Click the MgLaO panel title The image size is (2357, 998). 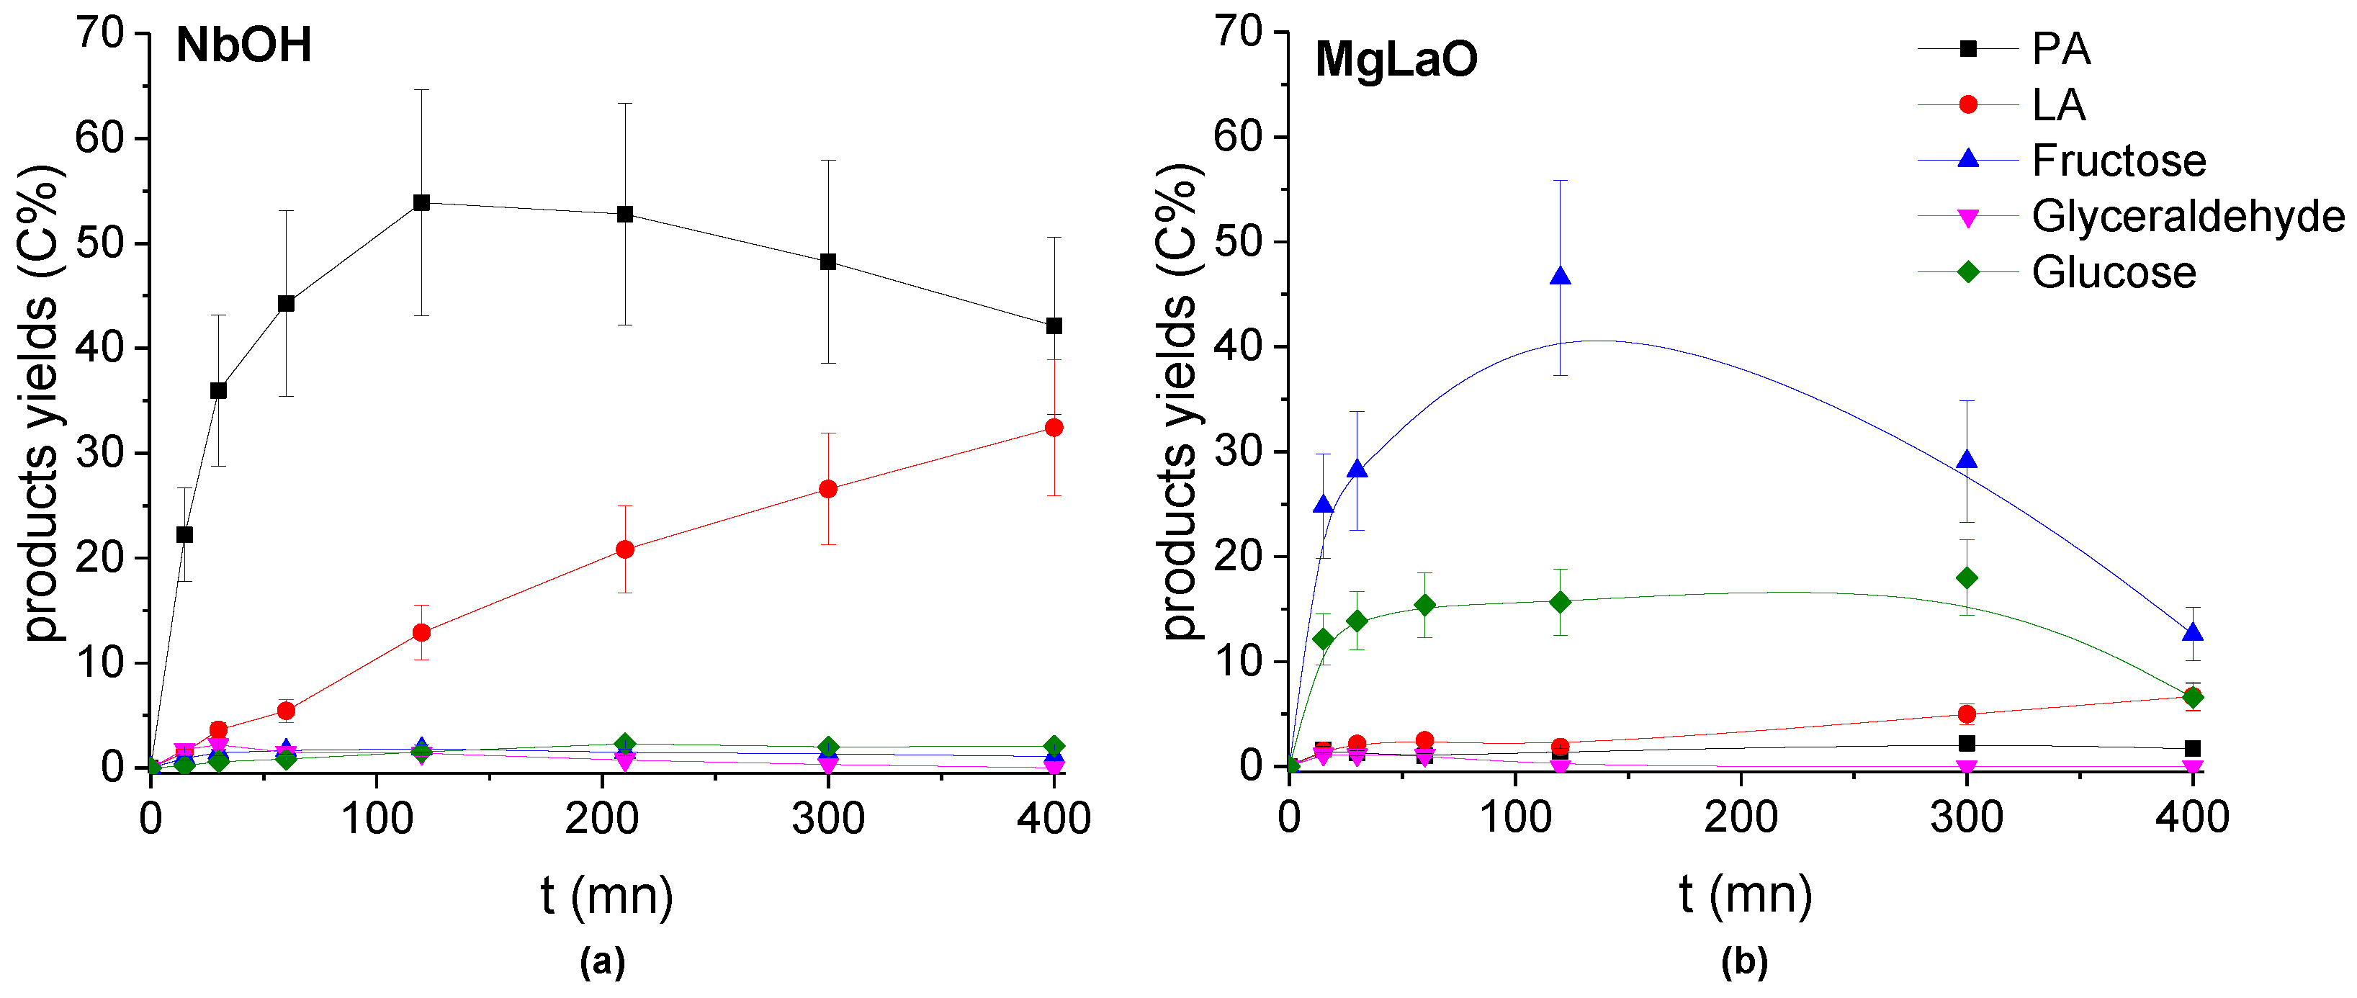pos(1396,60)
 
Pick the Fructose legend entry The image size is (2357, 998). pos(2118,161)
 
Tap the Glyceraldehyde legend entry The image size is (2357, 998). pos(2188,217)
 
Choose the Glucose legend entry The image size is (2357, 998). pos(2114,273)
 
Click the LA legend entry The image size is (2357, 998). pos(2059,105)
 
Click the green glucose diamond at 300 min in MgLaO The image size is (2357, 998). pos(1966,578)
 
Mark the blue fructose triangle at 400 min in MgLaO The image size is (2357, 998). pos(2192,633)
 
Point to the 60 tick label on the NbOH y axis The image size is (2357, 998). pos(99,138)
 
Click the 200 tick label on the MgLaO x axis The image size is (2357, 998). pos(1741,817)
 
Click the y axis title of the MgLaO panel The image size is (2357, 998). pos(1180,403)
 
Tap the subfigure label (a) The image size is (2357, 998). pos(603,961)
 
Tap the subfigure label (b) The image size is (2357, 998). pos(1744,961)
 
